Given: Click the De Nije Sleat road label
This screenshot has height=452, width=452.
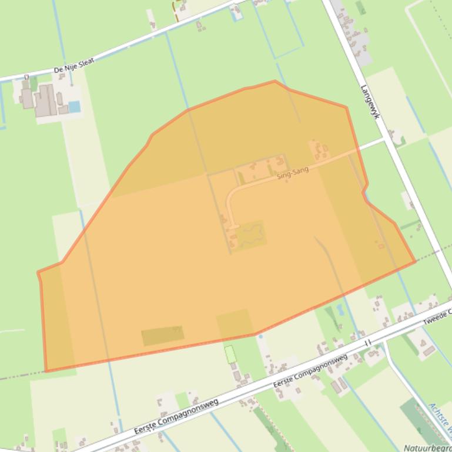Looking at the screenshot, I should [73, 66].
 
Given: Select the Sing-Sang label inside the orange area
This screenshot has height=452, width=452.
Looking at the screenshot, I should [293, 173].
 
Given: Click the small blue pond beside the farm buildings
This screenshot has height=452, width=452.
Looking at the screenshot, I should [74, 106].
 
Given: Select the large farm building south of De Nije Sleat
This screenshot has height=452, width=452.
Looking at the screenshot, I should [45, 100].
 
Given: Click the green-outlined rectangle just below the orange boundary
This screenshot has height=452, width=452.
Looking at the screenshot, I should [230, 354].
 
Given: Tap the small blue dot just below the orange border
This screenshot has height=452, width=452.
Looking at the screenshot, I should [260, 336].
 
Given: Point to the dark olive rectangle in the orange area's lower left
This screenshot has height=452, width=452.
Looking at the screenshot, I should [162, 335].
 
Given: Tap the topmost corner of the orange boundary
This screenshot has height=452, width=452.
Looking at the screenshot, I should [274, 81].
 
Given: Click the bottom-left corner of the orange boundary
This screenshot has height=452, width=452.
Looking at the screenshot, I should [46, 371].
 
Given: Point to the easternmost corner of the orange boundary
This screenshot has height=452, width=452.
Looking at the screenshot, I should [415, 261].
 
